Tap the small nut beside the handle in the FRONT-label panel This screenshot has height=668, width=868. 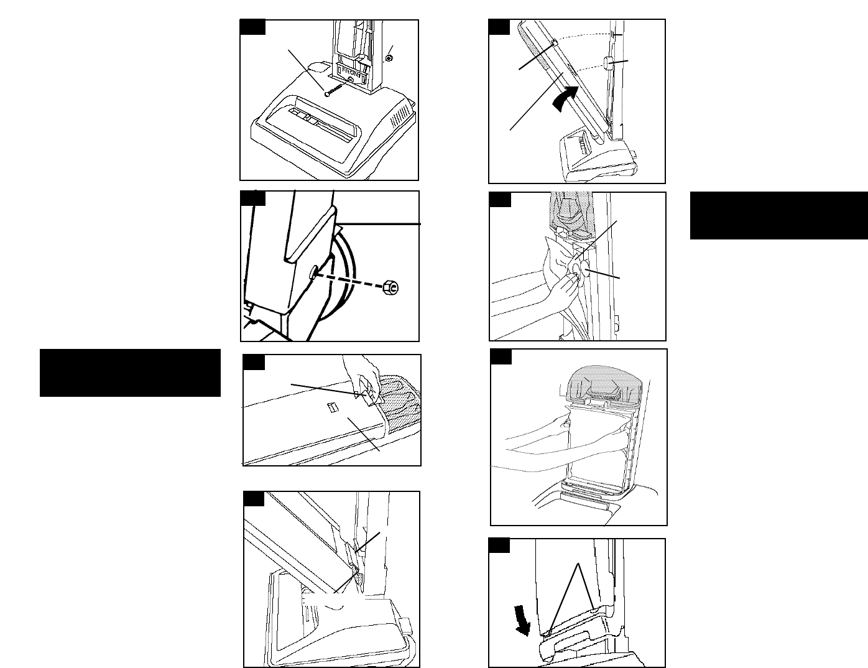tap(389, 58)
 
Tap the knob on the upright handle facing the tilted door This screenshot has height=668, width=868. tap(608, 64)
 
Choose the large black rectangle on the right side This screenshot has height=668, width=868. tap(778, 215)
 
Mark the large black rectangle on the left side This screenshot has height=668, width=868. tap(130, 373)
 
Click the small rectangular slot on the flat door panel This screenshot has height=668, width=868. tap(333, 407)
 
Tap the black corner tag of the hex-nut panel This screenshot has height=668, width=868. tap(253, 198)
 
